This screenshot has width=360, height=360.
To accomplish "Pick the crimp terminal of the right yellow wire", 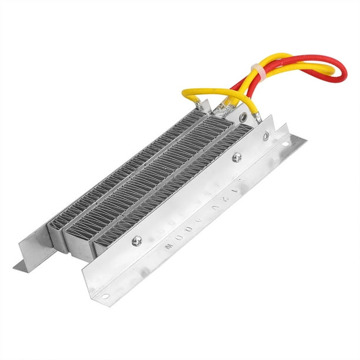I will [x=258, y=118].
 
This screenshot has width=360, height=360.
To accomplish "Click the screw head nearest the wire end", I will [x=237, y=157].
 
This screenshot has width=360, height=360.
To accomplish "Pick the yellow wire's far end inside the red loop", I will [x=321, y=71].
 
